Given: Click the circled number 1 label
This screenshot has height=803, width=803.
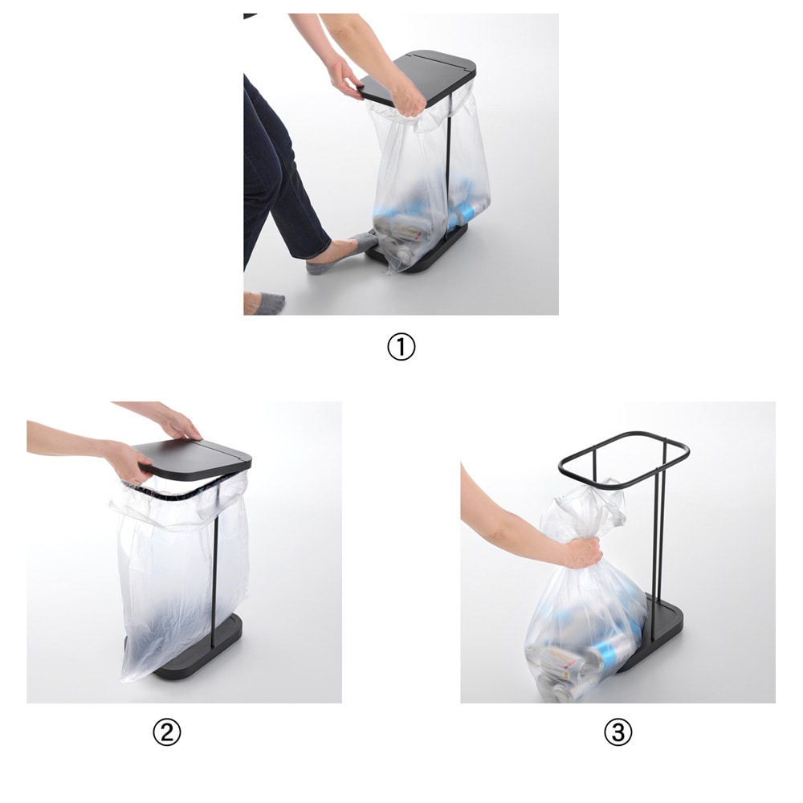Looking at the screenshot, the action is (x=401, y=347).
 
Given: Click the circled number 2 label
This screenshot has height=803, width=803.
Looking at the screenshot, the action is (x=167, y=733).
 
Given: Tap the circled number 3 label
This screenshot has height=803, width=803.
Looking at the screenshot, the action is (x=618, y=733).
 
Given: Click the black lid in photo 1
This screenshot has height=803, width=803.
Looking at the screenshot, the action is (x=420, y=77).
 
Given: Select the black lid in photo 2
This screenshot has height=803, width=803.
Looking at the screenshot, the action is (x=196, y=459).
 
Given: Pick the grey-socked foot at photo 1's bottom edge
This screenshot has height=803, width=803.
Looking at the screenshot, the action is (x=264, y=303).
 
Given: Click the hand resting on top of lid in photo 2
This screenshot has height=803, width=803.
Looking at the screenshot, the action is (x=179, y=425).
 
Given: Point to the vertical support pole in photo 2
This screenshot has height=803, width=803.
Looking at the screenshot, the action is (x=216, y=564).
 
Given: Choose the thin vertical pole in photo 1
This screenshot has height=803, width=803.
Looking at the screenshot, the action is (x=449, y=169).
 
